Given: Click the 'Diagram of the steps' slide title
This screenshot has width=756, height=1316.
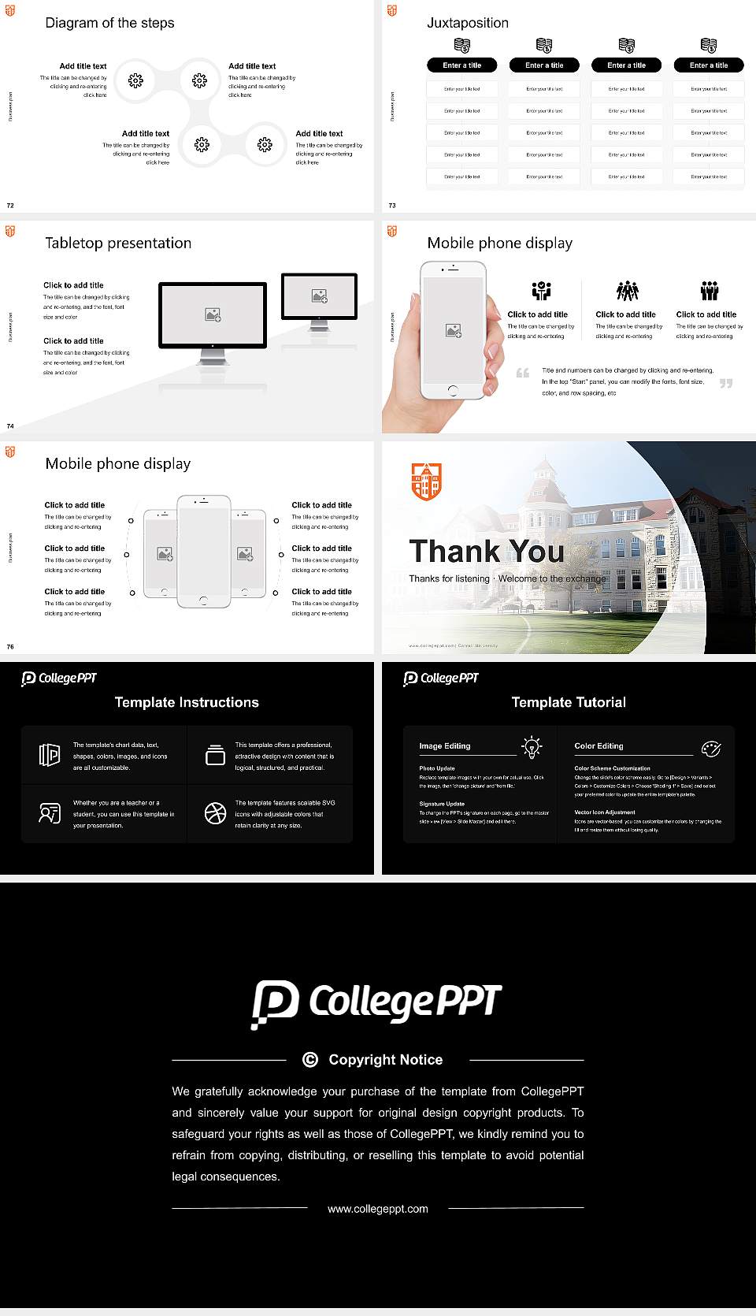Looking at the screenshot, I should tap(109, 23).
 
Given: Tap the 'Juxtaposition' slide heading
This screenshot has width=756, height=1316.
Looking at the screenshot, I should tap(467, 23).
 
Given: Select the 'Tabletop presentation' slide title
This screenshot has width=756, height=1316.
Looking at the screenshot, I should tap(118, 243).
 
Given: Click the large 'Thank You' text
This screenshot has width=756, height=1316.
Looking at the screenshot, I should tap(486, 551).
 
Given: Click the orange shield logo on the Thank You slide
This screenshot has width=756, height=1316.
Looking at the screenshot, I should tap(426, 481).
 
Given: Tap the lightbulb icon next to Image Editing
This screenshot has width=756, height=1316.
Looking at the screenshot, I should tap(532, 747).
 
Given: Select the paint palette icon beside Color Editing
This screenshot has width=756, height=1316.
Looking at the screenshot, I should tap(711, 748).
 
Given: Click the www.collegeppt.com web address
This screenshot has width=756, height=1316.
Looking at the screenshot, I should tap(378, 1208).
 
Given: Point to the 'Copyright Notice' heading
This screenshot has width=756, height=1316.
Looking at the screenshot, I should tap(385, 1060).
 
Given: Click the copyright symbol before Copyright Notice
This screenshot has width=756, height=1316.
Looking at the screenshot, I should tap(310, 1060).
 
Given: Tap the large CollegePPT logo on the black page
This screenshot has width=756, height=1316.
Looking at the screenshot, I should tap(376, 1002).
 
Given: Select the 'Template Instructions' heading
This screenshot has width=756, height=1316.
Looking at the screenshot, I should tap(187, 702).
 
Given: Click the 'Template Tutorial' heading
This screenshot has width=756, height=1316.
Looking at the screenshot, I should tap(569, 702).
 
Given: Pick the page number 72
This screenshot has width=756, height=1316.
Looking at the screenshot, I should tap(10, 205).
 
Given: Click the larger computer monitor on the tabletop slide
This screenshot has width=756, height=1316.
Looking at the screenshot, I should tap(213, 315).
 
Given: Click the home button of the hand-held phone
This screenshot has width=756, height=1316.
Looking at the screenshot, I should tap(452, 390).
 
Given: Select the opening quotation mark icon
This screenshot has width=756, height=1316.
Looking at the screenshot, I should tap(522, 373).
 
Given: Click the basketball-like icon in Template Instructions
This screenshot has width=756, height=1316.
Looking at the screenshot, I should tap(215, 812).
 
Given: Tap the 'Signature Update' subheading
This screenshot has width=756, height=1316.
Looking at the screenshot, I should tap(442, 804).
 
